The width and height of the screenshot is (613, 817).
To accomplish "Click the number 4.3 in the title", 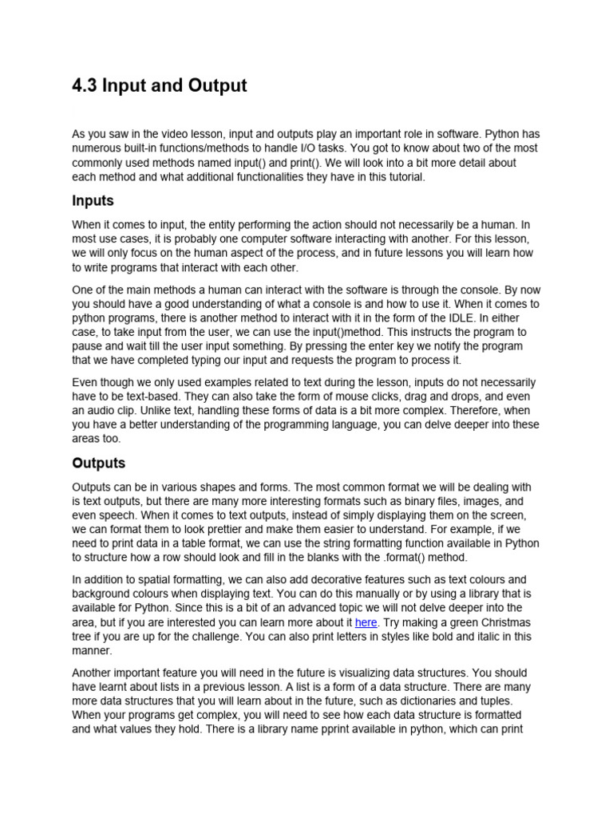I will pyautogui.click(x=85, y=85).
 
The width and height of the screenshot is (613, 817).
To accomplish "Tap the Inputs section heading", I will pyautogui.click(x=93, y=201).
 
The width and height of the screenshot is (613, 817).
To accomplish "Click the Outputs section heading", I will pyautogui.click(x=98, y=463).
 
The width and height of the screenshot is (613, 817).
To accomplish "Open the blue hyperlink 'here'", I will pyautogui.click(x=366, y=622).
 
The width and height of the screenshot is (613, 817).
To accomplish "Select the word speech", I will pyautogui.click(x=120, y=515).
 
